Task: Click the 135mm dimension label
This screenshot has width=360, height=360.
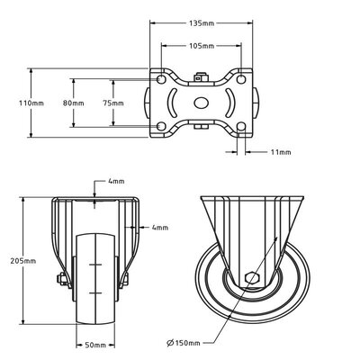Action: (202, 23)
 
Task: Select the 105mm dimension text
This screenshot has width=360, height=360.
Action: (202, 46)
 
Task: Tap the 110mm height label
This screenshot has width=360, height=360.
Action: (31, 103)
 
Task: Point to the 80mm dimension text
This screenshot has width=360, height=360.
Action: (74, 103)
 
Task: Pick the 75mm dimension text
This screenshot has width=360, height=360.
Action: (113, 103)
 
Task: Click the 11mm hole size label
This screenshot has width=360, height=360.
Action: (281, 152)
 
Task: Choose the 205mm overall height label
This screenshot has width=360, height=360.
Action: (23, 261)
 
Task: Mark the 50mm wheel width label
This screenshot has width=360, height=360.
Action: (95, 346)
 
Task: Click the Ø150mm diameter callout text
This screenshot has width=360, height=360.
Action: (184, 343)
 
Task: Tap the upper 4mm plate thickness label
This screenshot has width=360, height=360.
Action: (116, 181)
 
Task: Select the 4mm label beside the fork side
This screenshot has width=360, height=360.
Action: (160, 228)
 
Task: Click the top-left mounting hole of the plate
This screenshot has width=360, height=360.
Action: (161, 79)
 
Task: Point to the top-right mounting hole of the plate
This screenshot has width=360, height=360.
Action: (241, 79)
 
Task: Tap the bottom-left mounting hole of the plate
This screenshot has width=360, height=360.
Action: (161, 127)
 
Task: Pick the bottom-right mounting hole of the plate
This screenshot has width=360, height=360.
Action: (241, 127)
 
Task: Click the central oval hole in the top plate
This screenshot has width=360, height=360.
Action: (201, 103)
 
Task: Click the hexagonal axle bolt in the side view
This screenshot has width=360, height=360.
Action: (253, 278)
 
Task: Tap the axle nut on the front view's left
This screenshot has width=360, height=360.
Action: (62, 279)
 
